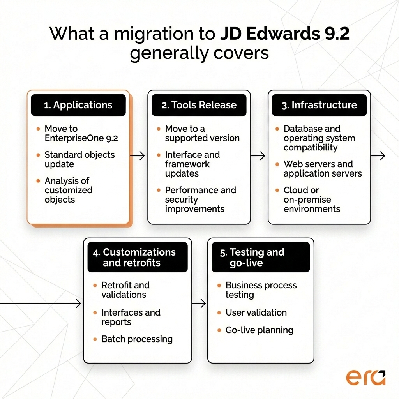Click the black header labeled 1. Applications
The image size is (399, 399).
coord(78,105)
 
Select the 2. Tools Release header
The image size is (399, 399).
coord(199,105)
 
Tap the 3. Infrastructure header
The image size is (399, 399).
coord(319,105)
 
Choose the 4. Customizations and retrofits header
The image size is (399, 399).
coord(138,257)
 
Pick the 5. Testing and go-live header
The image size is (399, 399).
coord(260,257)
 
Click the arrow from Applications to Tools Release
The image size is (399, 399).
coord(137,156)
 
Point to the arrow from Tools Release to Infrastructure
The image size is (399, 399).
coord(258,156)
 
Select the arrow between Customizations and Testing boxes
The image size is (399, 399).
coord(199,304)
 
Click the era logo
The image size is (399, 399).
coord(365,377)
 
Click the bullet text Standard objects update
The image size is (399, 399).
coord(79,159)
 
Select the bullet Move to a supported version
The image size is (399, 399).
coord(202,133)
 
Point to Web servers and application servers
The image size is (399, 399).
coord(323,169)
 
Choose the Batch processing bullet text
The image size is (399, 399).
coord(137,339)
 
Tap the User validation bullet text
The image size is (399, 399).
coord(256,312)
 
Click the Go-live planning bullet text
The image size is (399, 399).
coord(259,330)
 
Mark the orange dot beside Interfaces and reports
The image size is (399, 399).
coord(95,313)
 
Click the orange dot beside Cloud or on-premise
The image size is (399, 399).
coord(277,191)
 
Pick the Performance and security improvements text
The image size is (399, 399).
coord(200,199)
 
